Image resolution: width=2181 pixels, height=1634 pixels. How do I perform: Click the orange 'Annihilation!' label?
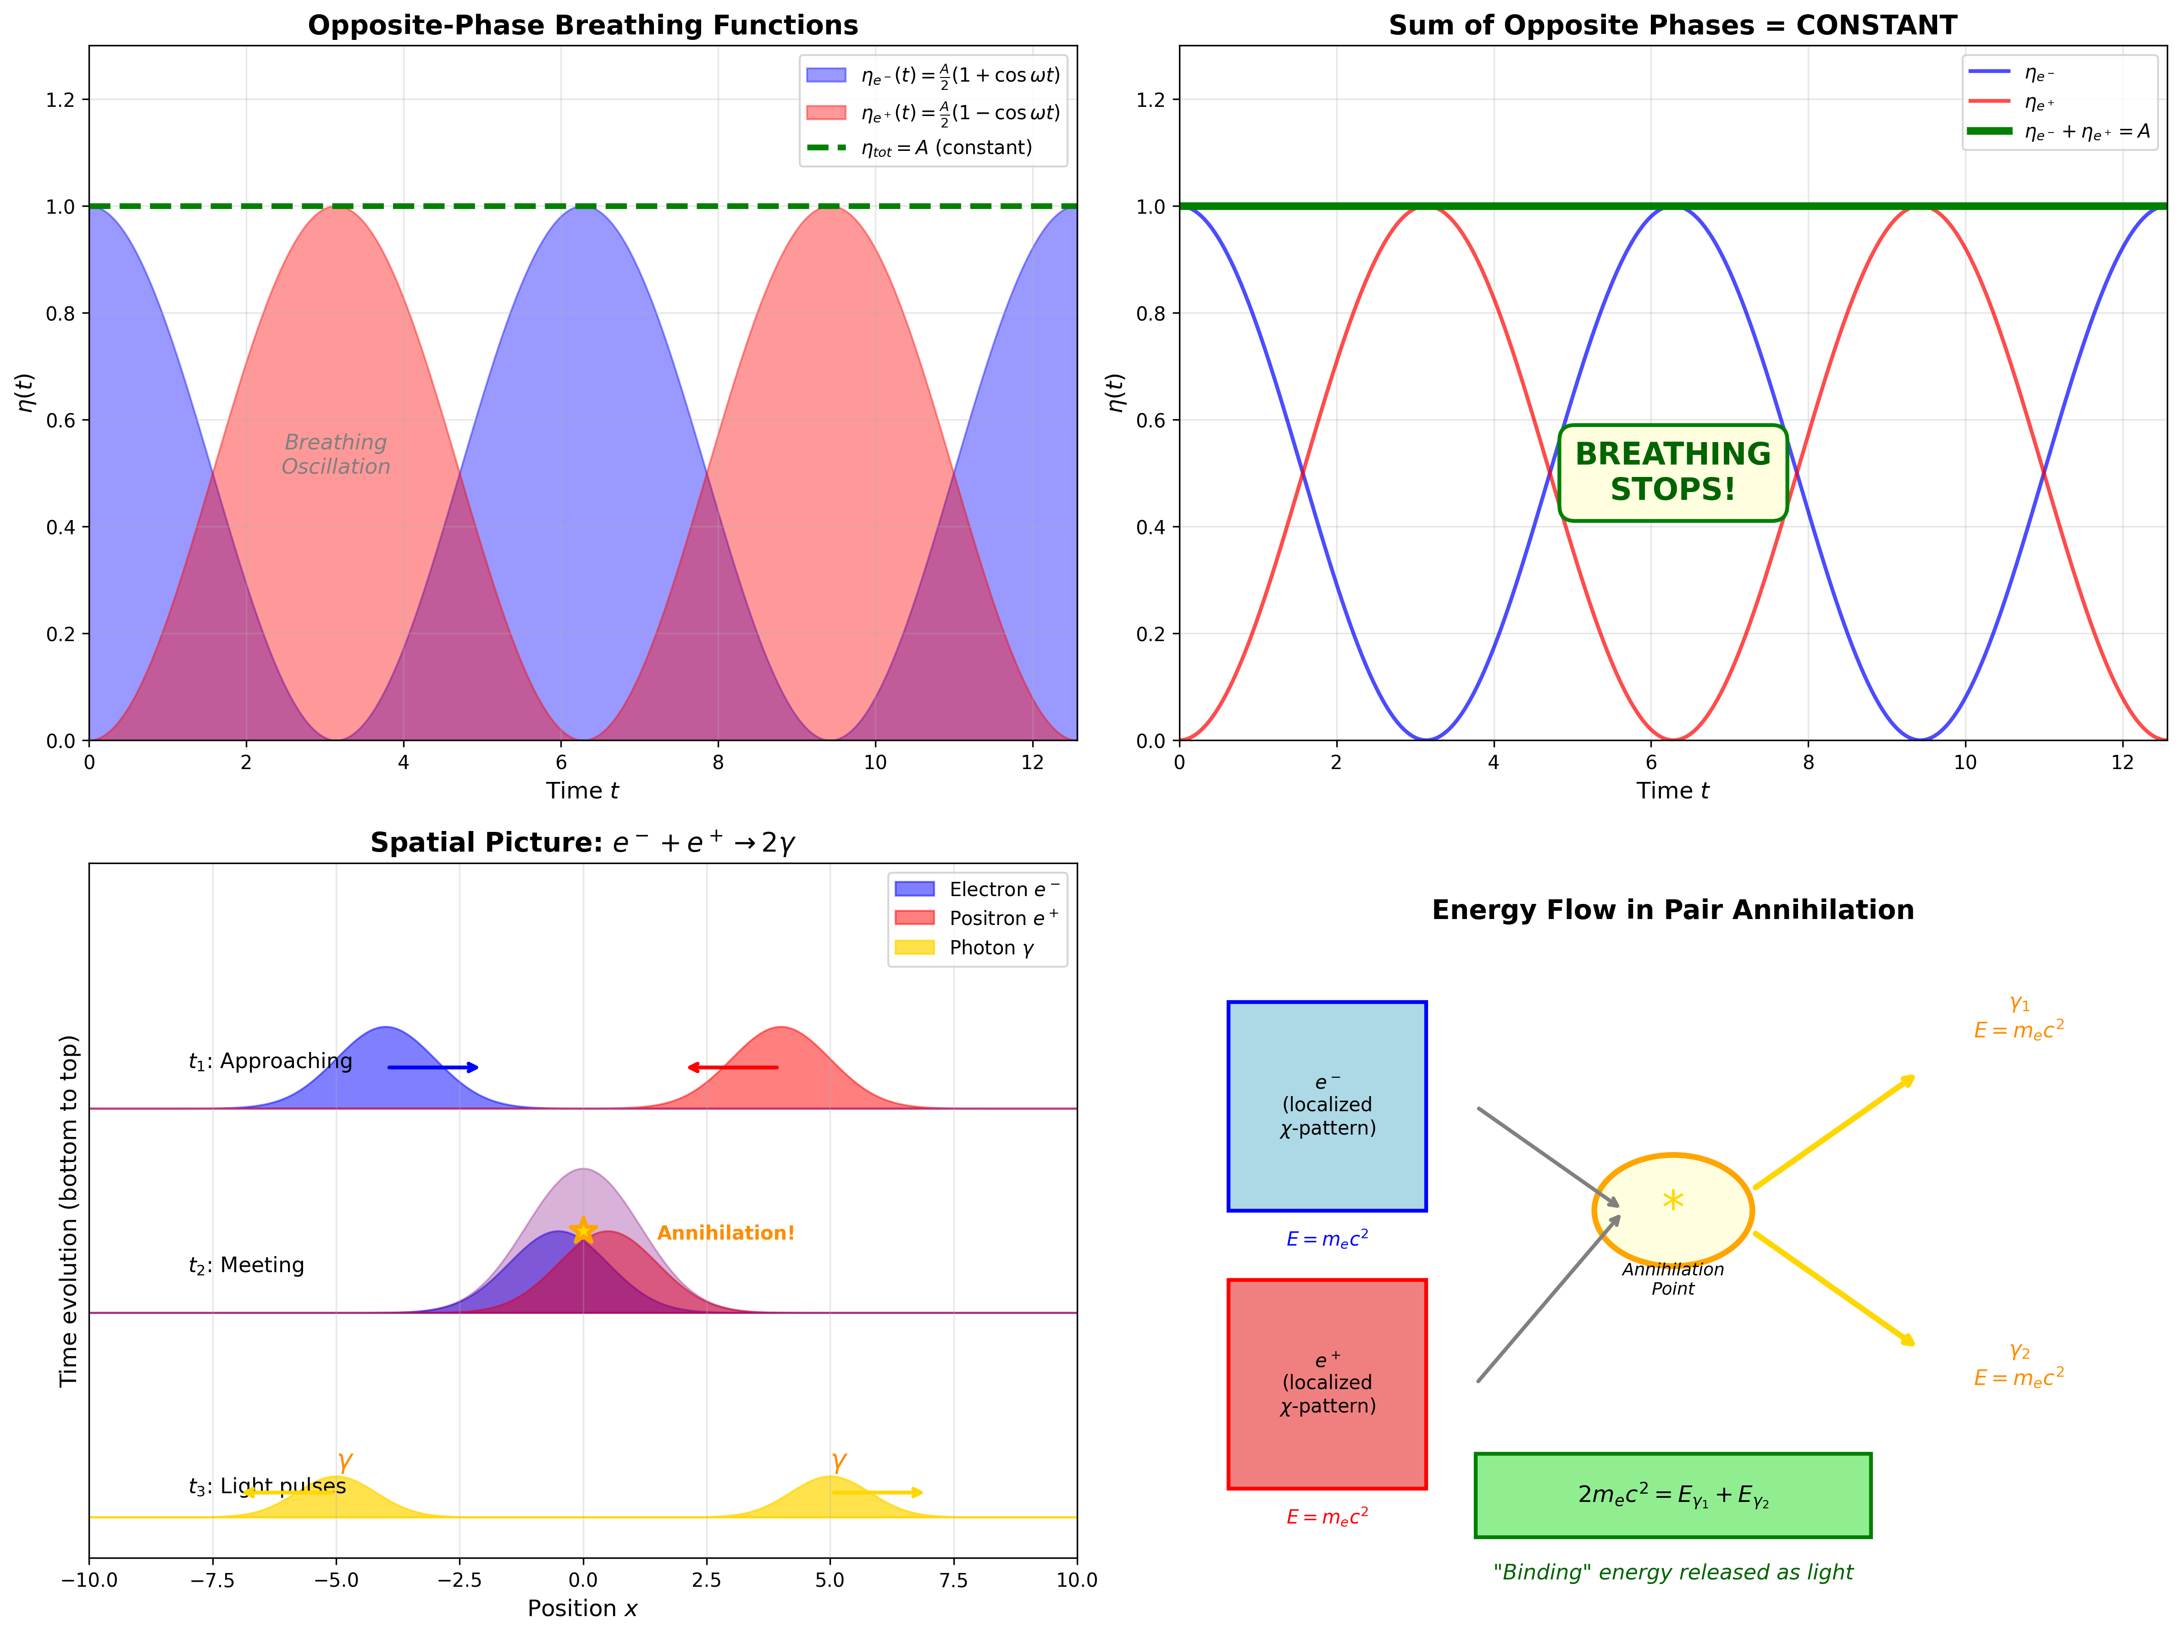coord(725,1233)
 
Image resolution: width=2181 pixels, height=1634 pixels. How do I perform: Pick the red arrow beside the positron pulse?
coord(733,1067)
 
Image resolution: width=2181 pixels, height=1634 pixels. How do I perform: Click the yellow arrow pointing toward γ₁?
coord(1834,1132)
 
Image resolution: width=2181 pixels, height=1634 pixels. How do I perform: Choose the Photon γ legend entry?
coord(976,947)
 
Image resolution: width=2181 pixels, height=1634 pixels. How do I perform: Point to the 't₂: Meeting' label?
coord(247,1265)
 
